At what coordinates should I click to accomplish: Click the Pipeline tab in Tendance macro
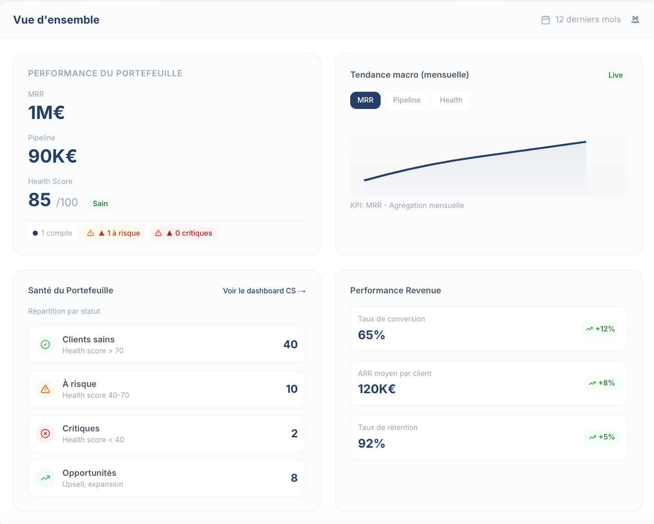coord(407,100)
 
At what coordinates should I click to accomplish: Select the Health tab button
coord(451,100)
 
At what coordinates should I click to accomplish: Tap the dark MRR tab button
coord(365,100)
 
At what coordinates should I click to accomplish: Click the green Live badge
coord(615,75)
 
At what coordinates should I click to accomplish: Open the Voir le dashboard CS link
coord(264,291)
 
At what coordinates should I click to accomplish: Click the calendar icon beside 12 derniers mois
coord(546,20)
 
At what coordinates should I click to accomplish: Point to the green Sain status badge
coord(100,203)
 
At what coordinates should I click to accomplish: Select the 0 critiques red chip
coord(183,233)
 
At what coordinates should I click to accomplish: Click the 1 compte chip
coord(52,233)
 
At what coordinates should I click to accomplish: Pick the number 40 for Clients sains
coord(290,345)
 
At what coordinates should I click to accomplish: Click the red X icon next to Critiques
coord(45,434)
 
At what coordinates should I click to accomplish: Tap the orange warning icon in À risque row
coord(45,389)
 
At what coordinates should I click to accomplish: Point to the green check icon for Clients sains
coord(45,345)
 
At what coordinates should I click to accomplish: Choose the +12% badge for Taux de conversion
coord(600,329)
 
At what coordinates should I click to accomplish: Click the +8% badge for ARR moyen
coord(602,383)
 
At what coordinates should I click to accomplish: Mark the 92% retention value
coord(372,444)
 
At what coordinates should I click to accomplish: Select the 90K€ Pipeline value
coord(53,156)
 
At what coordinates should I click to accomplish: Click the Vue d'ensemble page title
coord(56,20)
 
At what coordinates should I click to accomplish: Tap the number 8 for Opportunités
coord(294,478)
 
